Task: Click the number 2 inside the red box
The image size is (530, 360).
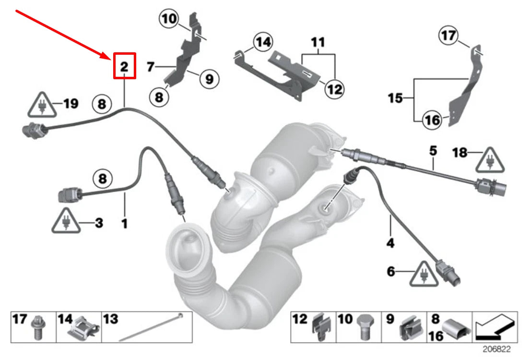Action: click(124, 66)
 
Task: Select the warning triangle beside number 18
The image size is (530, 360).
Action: click(490, 161)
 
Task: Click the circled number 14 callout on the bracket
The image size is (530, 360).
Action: click(262, 43)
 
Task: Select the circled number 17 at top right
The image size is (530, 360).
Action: click(449, 36)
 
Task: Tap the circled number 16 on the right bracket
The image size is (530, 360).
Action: click(432, 120)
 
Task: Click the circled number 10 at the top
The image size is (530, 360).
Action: click(168, 20)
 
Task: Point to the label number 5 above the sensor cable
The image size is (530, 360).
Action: click(433, 151)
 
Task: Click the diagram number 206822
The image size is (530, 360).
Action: click(497, 349)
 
